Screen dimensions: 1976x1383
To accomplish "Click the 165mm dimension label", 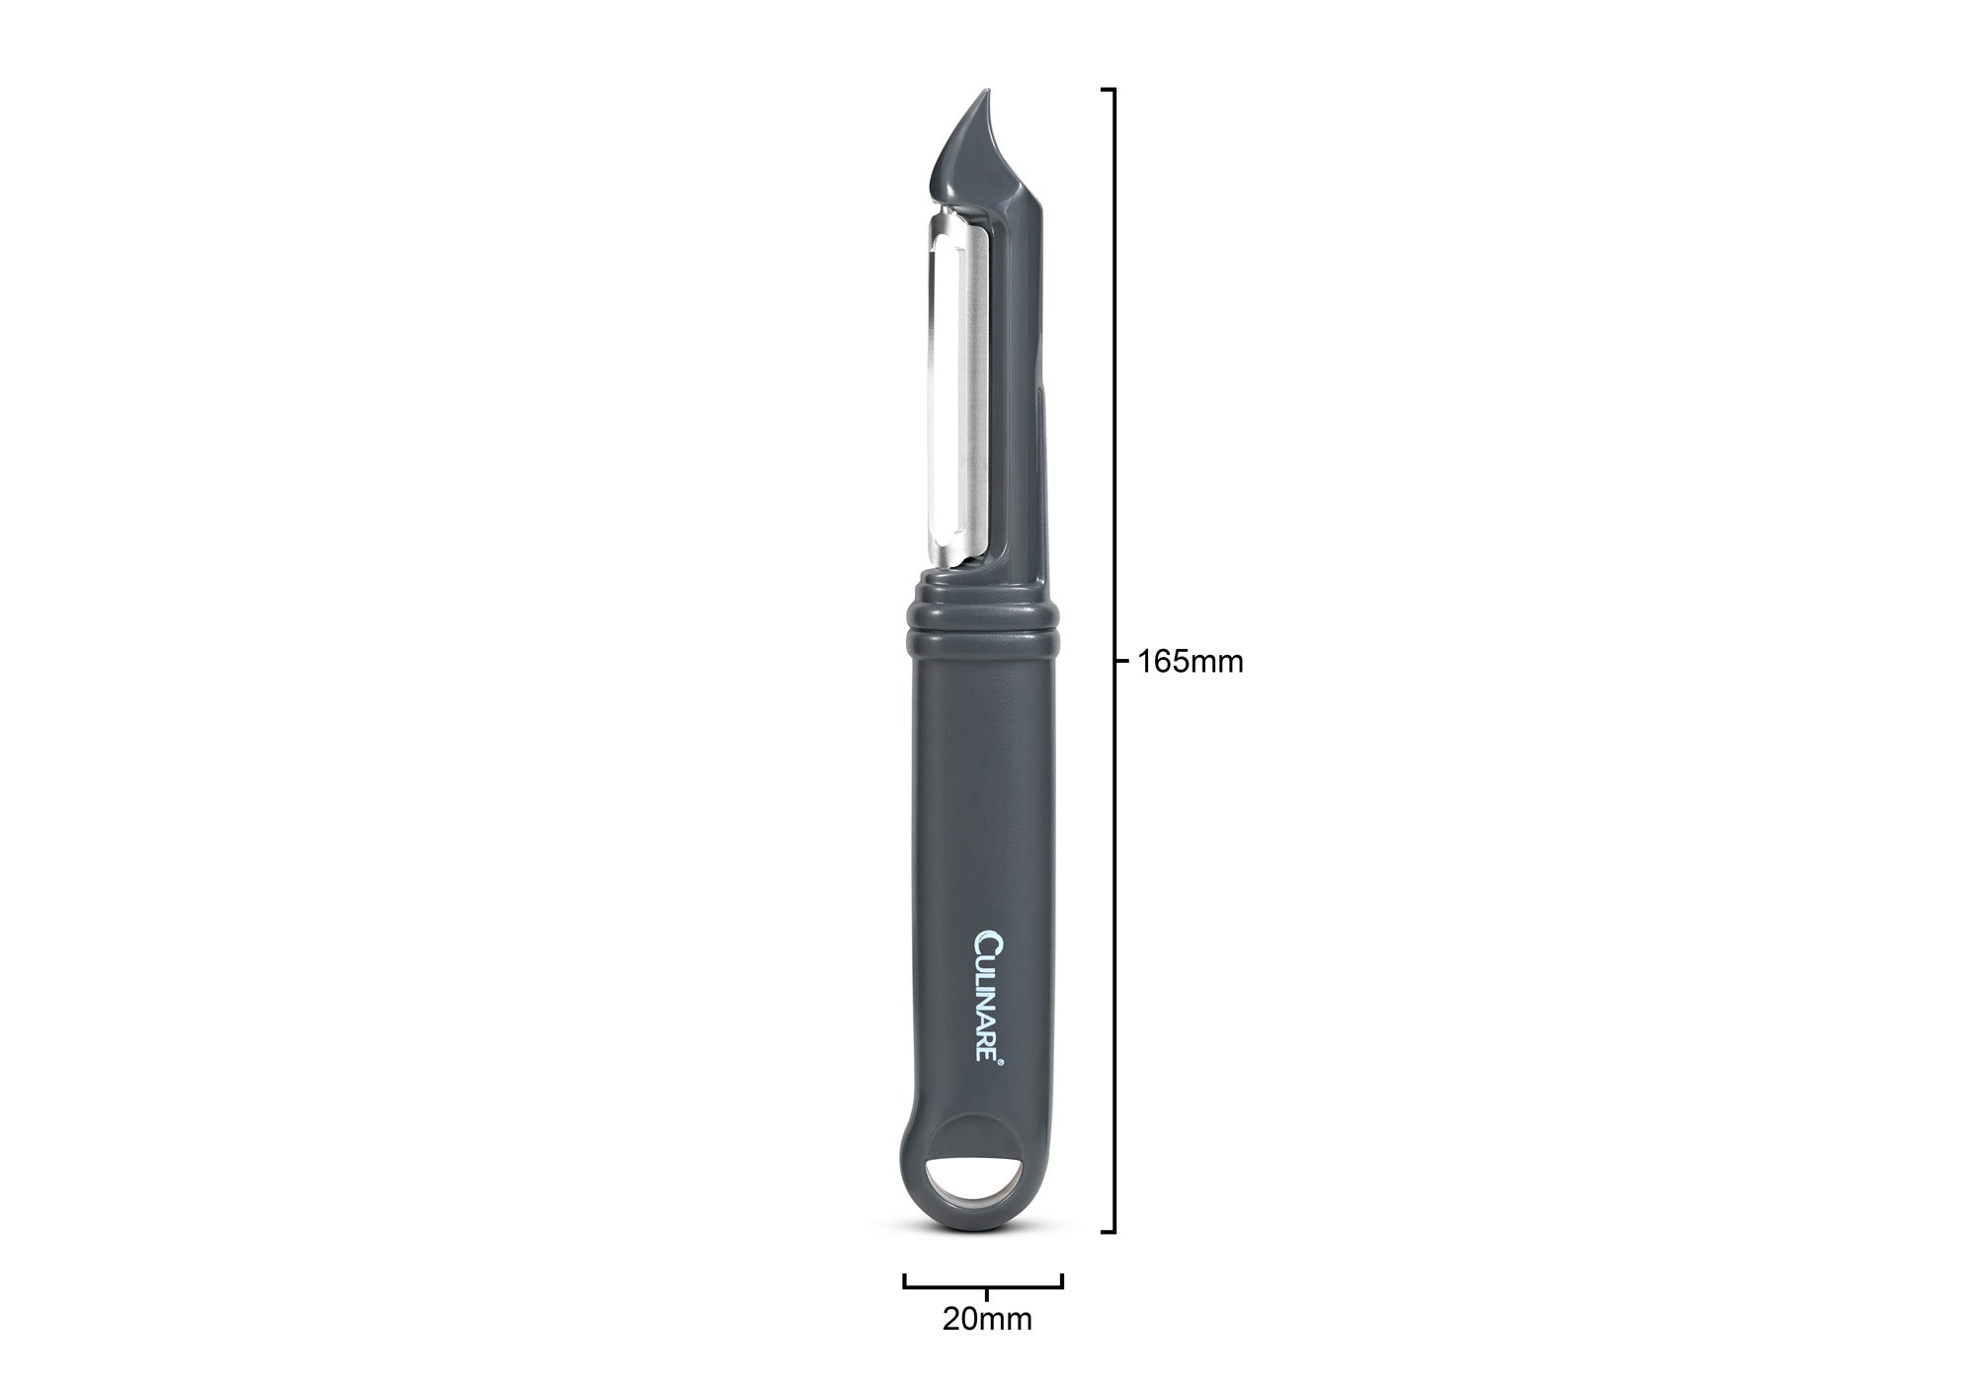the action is (x=1191, y=662).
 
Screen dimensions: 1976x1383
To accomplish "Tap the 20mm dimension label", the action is (x=986, y=1319).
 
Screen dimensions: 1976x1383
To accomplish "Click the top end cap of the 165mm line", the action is (x=1109, y=90).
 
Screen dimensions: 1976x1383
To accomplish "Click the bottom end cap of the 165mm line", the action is (x=1109, y=1232).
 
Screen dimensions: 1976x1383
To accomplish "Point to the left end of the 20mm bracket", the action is (x=905, y=1281).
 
